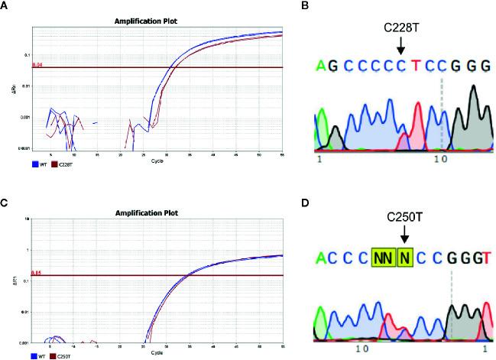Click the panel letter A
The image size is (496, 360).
point(6,7)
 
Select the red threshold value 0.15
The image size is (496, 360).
point(36,272)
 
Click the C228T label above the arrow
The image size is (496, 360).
point(401,29)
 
